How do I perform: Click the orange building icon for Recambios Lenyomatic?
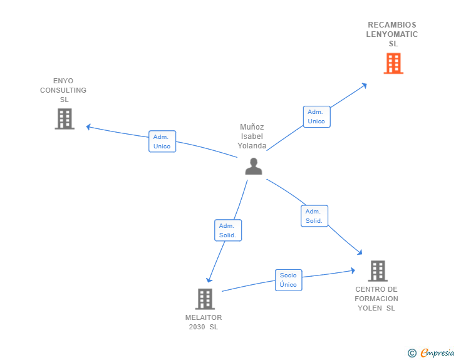click(393, 63)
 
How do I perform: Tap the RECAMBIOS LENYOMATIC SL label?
click(392, 34)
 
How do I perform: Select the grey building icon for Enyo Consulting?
click(65, 118)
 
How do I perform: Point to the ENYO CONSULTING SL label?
click(63, 90)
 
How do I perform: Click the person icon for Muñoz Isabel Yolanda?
click(253, 166)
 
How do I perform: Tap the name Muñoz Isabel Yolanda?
click(252, 136)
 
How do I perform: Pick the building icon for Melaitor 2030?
click(205, 299)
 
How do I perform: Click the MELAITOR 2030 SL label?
click(204, 322)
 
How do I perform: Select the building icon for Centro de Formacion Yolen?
click(377, 270)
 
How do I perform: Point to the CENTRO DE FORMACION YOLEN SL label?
click(376, 299)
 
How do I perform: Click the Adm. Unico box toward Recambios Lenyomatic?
click(316, 116)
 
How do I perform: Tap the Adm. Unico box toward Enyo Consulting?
click(162, 141)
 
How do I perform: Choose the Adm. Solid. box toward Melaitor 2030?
click(227, 230)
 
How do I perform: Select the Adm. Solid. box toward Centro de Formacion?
click(314, 216)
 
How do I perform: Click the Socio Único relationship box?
click(288, 280)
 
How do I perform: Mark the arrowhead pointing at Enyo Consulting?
click(89, 126)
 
